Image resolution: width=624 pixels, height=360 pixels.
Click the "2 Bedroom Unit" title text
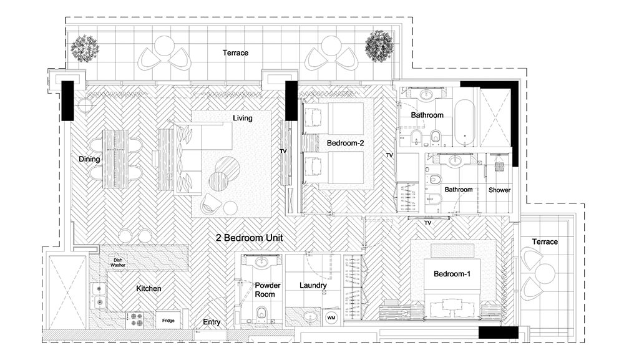click(x=249, y=238)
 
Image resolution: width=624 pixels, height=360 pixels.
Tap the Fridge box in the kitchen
click(x=168, y=320)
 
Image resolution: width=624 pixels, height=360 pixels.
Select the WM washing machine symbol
click(x=331, y=318)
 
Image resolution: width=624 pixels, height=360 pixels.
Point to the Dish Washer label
click(x=118, y=263)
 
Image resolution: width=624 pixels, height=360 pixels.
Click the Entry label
click(x=212, y=322)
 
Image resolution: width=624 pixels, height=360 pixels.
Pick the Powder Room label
click(x=267, y=290)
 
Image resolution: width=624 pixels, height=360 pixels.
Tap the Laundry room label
click(x=313, y=285)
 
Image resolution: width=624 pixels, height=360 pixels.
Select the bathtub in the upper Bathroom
click(x=464, y=123)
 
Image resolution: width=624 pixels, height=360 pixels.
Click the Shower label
click(x=499, y=190)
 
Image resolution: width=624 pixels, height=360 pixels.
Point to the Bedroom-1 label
click(x=452, y=274)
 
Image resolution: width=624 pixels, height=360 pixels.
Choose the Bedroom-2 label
click(x=346, y=144)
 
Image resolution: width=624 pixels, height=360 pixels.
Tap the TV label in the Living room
click(x=283, y=151)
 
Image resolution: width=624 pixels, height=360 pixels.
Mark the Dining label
click(x=89, y=159)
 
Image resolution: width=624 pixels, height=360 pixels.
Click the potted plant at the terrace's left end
click(x=85, y=49)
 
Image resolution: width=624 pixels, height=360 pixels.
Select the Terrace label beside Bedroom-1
click(x=545, y=242)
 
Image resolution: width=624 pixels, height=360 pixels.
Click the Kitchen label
click(x=149, y=288)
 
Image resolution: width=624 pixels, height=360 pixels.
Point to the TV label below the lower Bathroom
click(x=428, y=223)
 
